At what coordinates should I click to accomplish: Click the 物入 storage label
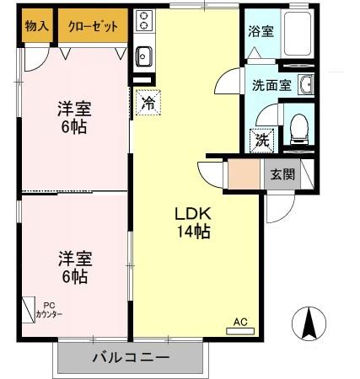point(37,26)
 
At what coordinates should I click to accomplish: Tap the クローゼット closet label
point(93,26)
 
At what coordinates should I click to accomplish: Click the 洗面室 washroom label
point(271,85)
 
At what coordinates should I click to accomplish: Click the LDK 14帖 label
point(192,221)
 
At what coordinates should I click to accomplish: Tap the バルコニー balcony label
point(131,357)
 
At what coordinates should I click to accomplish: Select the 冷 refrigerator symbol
point(148,104)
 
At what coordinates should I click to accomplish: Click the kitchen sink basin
point(143,56)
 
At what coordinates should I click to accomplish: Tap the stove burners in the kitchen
point(143,20)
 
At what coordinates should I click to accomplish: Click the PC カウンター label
point(49,309)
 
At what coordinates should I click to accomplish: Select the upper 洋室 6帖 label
point(74,117)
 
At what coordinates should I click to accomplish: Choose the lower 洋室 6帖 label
point(74,265)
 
